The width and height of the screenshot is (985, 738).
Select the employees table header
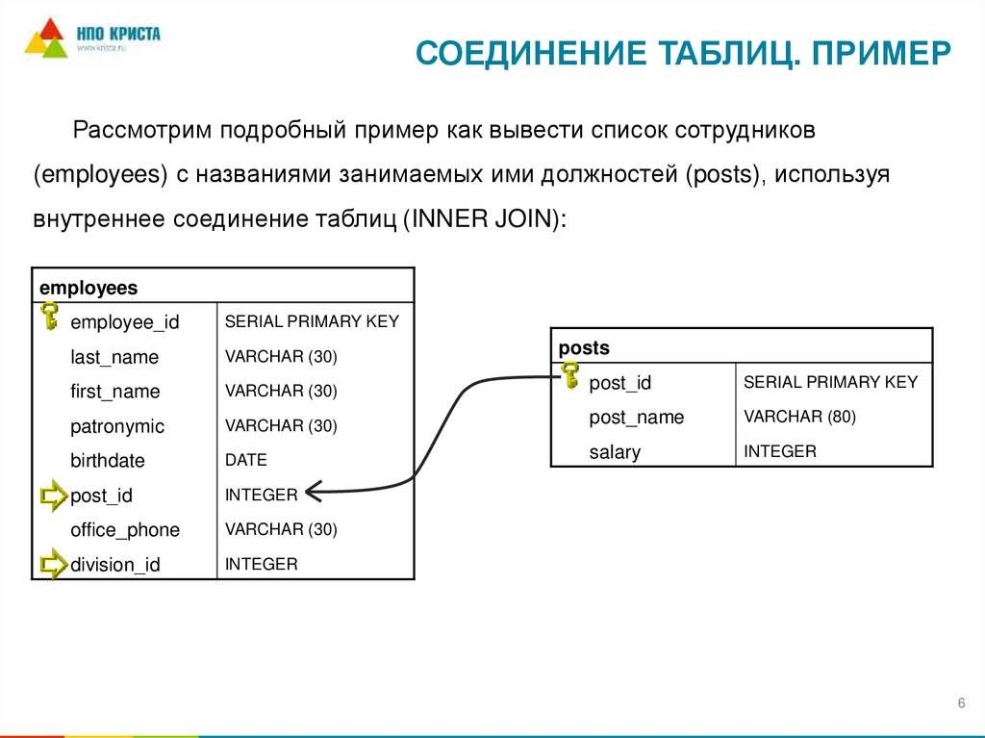point(88,288)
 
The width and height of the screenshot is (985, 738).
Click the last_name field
point(114,357)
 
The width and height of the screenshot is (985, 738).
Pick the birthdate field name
point(108,461)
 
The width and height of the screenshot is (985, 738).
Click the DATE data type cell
point(246,460)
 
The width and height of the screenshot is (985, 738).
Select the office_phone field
point(125,530)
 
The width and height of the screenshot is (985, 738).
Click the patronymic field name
point(117,426)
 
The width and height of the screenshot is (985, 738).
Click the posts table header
point(584,348)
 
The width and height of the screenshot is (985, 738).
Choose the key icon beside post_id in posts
point(569,375)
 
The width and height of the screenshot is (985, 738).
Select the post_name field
point(636,418)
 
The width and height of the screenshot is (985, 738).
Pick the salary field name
point(615,452)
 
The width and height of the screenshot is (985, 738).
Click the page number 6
point(961,704)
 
